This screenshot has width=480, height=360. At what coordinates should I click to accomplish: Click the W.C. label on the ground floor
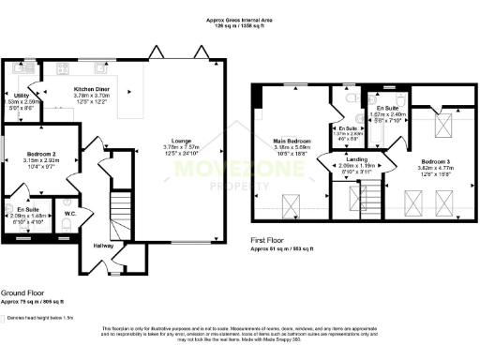71,212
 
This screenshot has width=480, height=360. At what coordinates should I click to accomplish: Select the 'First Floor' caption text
274,241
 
